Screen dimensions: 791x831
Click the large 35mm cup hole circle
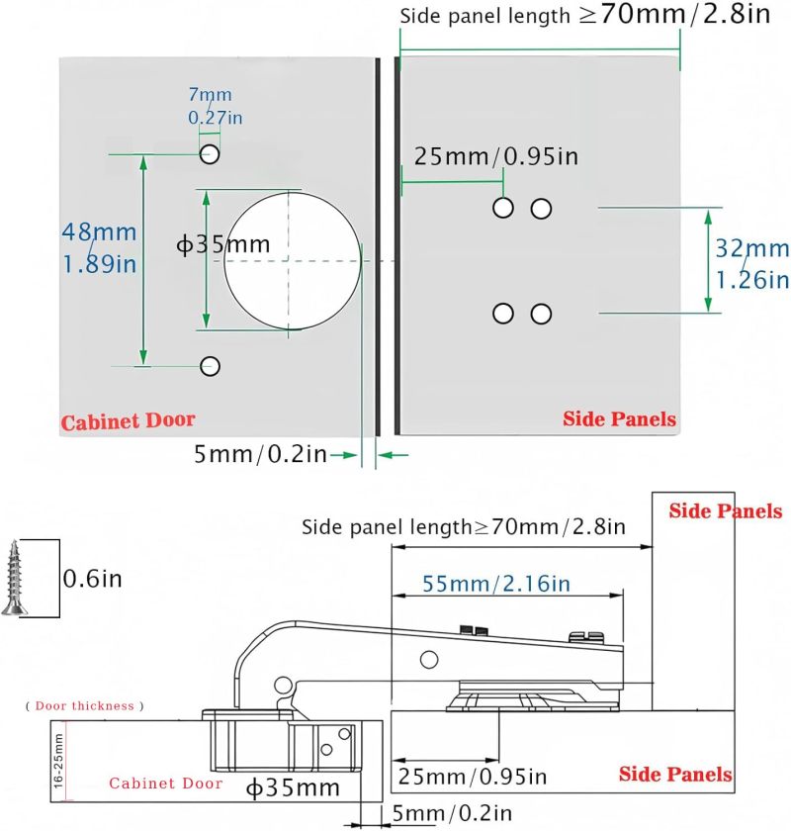(x=224, y=261)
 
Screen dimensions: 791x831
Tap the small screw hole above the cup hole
(x=210, y=154)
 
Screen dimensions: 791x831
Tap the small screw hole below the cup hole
(x=210, y=366)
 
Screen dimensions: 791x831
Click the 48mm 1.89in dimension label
(x=99, y=248)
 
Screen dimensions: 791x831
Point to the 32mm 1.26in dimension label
(x=752, y=264)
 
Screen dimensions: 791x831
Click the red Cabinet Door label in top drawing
(x=128, y=420)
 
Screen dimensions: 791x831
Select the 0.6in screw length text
(x=92, y=579)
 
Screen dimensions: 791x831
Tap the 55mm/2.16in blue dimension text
(x=496, y=584)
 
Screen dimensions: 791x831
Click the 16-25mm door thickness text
(x=58, y=760)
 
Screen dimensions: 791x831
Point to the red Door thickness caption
(x=85, y=706)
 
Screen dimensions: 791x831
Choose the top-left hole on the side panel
(x=503, y=208)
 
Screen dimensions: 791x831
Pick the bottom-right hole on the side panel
(x=541, y=314)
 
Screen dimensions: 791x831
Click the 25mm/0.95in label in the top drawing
(x=496, y=157)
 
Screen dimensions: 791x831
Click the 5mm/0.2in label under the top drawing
(x=260, y=454)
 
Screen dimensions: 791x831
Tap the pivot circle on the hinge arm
(x=429, y=660)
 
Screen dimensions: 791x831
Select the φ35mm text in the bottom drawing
(x=293, y=788)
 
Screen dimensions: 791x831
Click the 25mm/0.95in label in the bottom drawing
(x=472, y=777)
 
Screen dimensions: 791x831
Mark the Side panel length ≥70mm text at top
(x=585, y=14)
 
